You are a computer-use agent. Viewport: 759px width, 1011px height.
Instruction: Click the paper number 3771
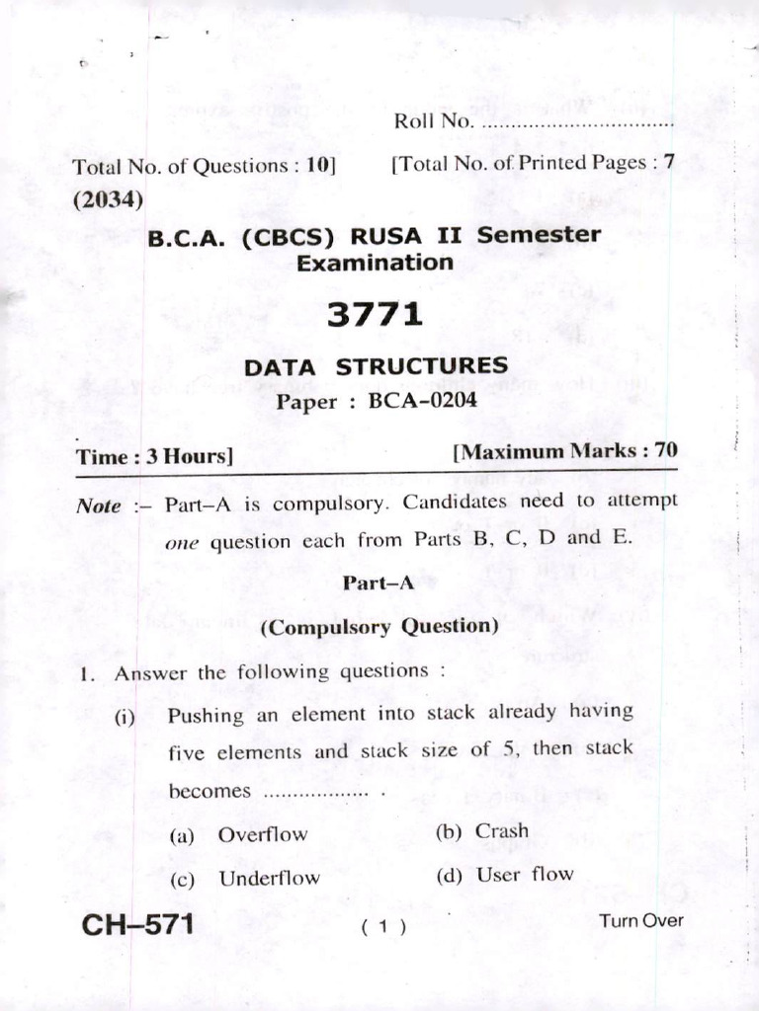tap(375, 315)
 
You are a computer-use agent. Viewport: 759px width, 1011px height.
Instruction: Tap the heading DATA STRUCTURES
tap(376, 367)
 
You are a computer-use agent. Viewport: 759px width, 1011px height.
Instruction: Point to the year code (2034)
tap(108, 198)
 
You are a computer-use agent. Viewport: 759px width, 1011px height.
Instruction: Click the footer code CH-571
tap(137, 925)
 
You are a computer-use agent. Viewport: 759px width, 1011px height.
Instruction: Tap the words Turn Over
tap(640, 921)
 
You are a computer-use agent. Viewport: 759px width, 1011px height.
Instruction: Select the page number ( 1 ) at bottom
tap(384, 927)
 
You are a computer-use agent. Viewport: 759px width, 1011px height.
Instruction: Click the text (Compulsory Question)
tap(379, 627)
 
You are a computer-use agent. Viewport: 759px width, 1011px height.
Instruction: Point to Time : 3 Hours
tap(154, 457)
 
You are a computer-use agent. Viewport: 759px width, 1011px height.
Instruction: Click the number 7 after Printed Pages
tap(669, 163)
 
